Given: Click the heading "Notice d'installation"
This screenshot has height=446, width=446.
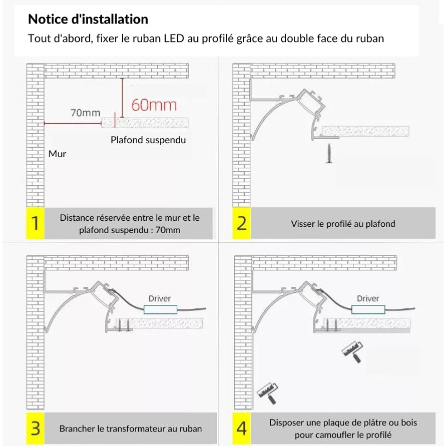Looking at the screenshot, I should (x=88, y=20).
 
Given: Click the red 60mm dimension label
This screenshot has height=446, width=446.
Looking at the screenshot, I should (x=153, y=104).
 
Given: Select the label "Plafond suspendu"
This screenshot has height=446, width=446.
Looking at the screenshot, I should (x=148, y=140).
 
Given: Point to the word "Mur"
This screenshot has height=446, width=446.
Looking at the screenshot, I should (x=57, y=153).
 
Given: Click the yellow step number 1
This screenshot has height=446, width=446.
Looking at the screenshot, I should (x=36, y=223).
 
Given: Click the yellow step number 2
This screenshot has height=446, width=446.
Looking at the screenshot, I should (x=241, y=223).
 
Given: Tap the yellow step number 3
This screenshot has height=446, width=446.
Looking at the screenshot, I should (x=36, y=428).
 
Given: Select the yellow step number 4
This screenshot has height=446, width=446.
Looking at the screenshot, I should (x=241, y=428).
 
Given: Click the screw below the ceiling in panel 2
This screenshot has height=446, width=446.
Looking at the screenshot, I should (x=328, y=152).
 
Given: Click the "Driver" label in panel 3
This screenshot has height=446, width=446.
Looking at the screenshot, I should (x=159, y=298).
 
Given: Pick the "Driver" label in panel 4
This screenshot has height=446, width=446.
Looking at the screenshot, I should (x=368, y=298).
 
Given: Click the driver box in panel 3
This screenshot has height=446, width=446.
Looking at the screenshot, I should (x=161, y=309).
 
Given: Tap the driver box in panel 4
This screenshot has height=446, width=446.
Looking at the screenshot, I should (x=368, y=309).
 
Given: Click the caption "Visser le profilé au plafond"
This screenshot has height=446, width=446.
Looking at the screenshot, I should (x=343, y=224).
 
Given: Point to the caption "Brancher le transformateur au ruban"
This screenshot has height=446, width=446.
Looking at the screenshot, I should (x=130, y=429).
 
